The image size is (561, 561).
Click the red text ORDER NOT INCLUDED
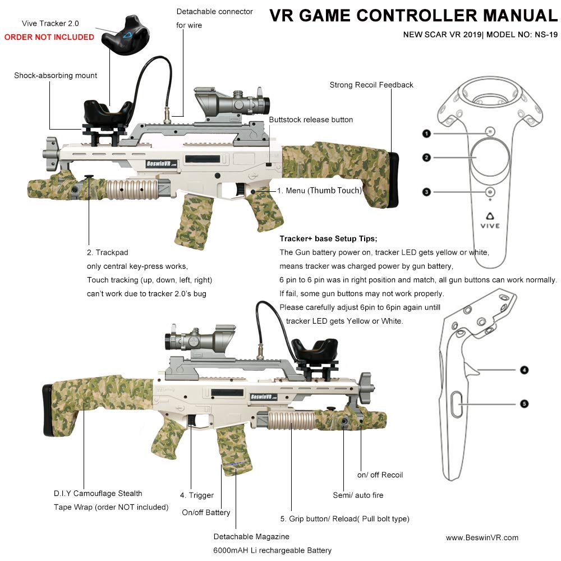(49, 37)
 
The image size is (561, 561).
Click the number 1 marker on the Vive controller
(427, 134)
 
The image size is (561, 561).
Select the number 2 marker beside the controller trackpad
(427, 158)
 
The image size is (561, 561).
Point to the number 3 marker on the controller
(427, 192)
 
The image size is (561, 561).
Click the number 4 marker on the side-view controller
(523, 370)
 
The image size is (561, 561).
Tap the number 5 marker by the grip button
(523, 403)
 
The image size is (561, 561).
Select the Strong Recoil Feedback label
(371, 85)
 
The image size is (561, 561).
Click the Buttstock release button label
(311, 119)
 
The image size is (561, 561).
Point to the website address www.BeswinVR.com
(482, 537)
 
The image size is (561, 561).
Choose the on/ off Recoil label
(380, 475)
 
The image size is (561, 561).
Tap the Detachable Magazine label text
(251, 536)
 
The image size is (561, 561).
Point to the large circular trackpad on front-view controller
(489, 158)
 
